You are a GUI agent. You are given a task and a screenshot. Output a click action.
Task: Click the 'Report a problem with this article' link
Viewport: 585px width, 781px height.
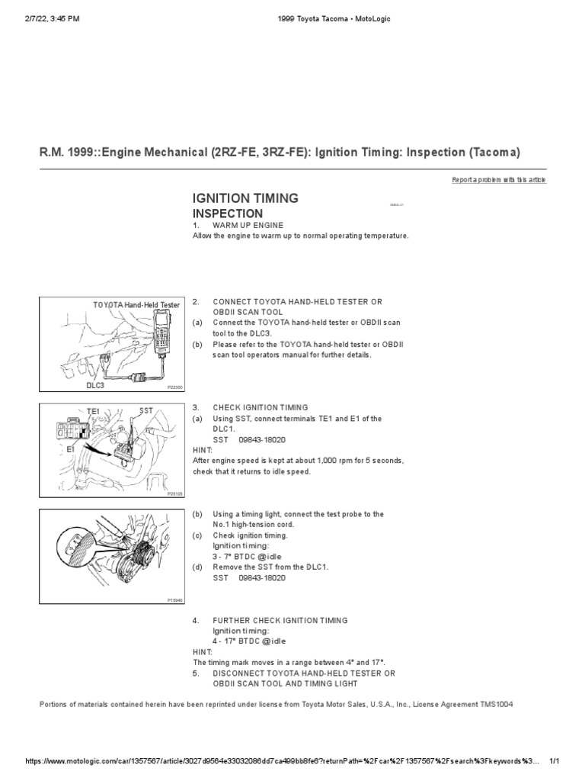[x=499, y=180]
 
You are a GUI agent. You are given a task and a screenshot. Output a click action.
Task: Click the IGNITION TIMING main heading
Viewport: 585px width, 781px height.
[x=245, y=199]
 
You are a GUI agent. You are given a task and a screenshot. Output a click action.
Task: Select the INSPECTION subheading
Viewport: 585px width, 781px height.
[x=228, y=214]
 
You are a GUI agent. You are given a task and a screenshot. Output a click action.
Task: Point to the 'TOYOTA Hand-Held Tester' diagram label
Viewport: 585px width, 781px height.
[x=136, y=305]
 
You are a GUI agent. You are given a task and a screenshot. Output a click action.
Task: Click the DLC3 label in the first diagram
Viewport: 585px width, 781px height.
[x=95, y=386]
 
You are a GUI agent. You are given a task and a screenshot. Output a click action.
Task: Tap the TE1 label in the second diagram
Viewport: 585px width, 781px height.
[x=94, y=410]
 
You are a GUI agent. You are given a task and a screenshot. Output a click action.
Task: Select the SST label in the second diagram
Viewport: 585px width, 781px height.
[x=146, y=410]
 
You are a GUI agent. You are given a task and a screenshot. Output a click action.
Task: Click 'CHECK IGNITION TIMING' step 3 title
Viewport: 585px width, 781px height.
[x=261, y=408]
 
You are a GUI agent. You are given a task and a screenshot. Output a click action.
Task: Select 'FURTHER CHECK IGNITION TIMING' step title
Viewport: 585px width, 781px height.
[x=280, y=621]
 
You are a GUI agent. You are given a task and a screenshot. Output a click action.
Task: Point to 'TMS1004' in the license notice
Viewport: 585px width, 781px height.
[x=495, y=704]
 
